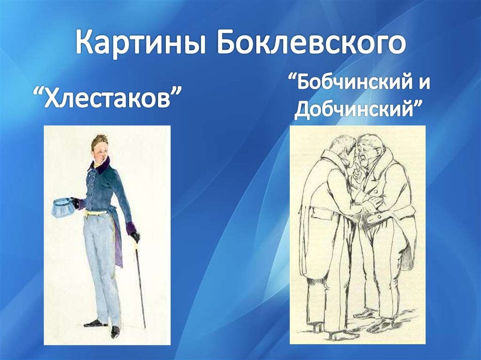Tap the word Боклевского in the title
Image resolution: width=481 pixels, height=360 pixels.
click(311, 42)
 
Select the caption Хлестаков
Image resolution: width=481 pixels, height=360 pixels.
click(106, 98)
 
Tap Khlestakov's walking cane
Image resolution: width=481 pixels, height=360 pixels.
click(140, 282)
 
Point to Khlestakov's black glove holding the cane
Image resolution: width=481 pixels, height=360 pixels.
click(135, 236)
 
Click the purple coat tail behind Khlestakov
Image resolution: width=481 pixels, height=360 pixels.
click(118, 242)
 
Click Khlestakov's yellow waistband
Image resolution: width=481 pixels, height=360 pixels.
click(98, 213)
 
